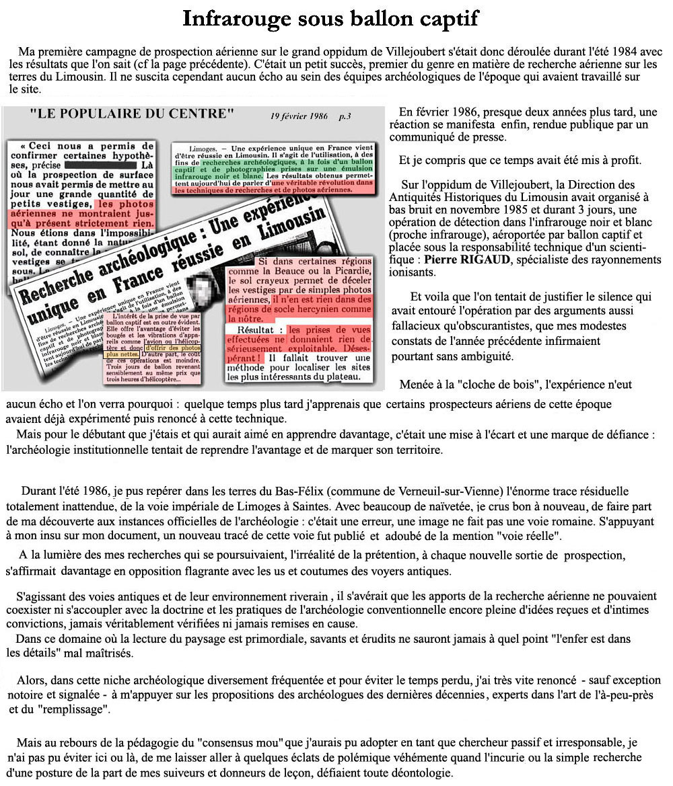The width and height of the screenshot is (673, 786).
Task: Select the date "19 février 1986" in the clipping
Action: tap(299, 116)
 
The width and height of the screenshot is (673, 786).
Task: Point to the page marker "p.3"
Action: tap(345, 116)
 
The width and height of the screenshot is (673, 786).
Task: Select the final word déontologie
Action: tap(419, 773)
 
